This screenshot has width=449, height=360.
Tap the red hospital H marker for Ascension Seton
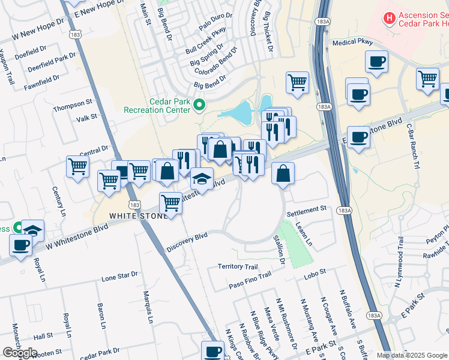(x=389, y=19)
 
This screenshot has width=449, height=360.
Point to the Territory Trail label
(x=238, y=266)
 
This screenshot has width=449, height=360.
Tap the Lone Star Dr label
(x=119, y=277)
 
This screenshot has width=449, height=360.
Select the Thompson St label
(x=73, y=104)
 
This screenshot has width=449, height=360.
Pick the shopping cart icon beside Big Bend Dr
(x=297, y=82)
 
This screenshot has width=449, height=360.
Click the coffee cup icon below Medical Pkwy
(x=376, y=61)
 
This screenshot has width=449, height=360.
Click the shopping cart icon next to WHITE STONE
(x=171, y=203)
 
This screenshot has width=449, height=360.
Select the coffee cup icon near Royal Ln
(x=20, y=245)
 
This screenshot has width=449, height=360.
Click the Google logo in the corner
(x=20, y=352)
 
